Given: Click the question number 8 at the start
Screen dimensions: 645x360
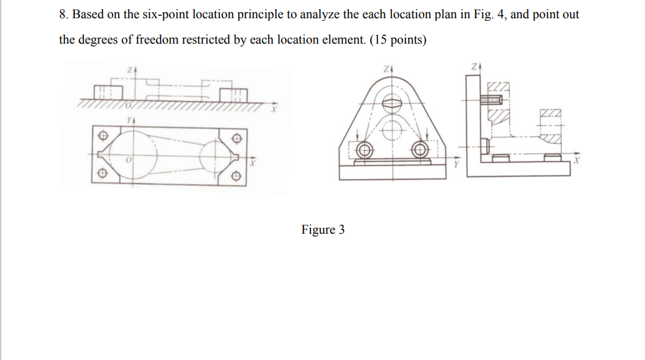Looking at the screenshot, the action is coord(62,14).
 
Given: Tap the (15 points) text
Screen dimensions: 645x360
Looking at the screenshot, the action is coord(398,40).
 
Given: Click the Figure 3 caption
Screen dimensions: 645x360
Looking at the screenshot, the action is coord(323,230).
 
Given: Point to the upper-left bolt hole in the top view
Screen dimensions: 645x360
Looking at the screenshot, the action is coord(101,137).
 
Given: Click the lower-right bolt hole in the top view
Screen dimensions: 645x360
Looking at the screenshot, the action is coord(238,176).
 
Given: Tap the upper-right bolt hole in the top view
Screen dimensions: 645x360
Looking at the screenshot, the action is coord(238,137).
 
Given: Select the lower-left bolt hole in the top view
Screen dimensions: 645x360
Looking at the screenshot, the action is coord(101,175).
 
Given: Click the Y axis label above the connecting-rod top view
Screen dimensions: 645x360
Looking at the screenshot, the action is coord(130,120).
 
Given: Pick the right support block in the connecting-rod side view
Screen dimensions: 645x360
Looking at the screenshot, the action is coord(233,94).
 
